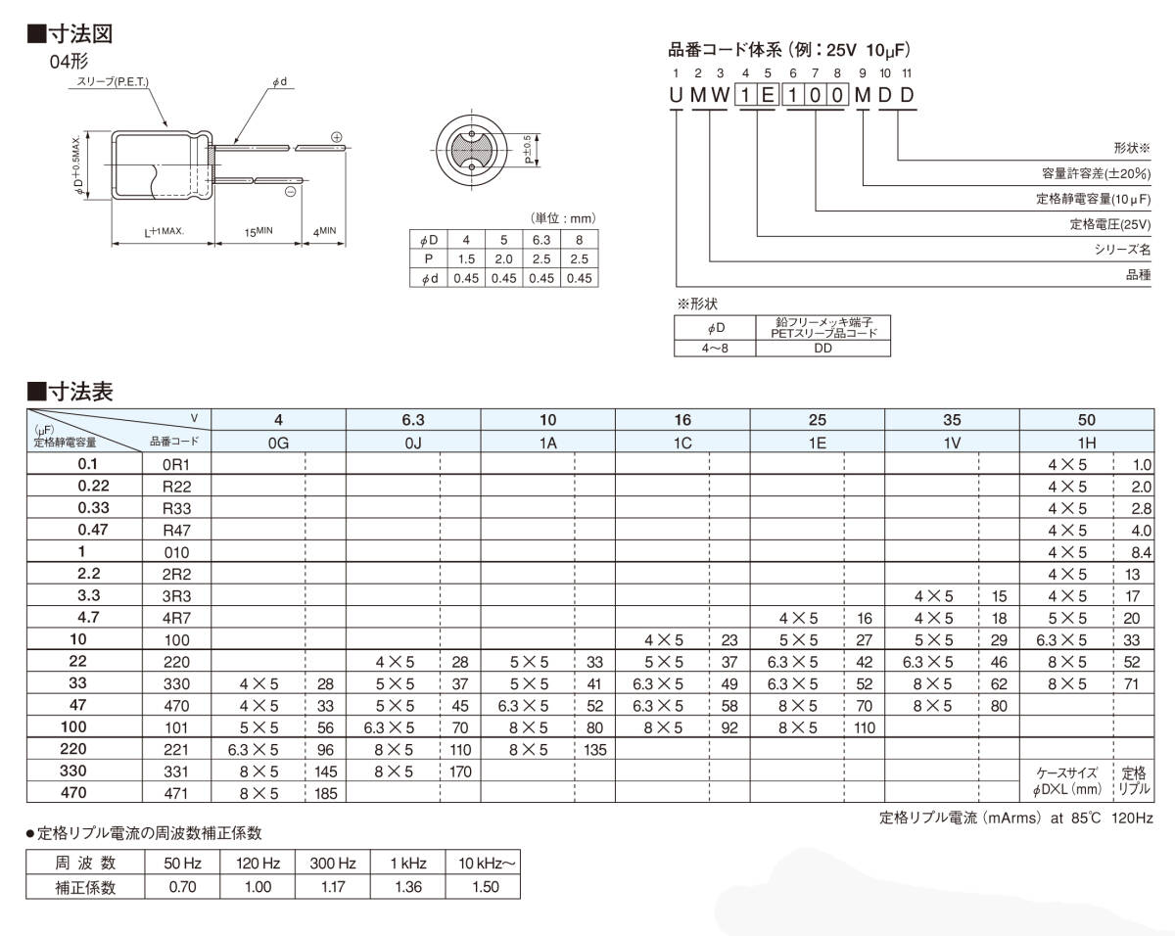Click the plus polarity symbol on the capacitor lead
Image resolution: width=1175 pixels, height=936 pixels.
pos(337,137)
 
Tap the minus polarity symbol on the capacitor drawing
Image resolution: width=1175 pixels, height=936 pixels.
pos(291,193)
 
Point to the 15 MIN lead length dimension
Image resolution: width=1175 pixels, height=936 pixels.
pos(257,232)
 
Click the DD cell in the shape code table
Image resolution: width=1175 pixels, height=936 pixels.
pos(822,348)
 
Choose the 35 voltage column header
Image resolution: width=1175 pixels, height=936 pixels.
pos(952,420)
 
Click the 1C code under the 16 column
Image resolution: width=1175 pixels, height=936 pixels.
pos(682,443)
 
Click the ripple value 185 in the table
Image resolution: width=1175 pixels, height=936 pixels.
pos(326,793)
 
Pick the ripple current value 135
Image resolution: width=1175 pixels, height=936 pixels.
pos(595,750)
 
